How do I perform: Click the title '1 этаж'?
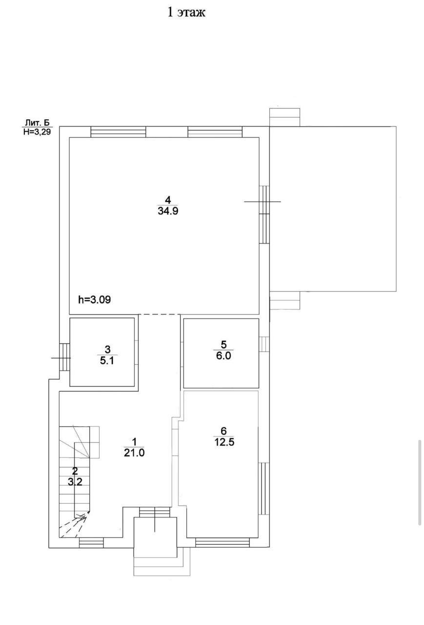[186, 13]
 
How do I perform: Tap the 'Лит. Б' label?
[37, 123]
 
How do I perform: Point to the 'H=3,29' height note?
[37, 131]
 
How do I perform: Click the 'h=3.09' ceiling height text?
[95, 299]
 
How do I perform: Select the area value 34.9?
[168, 211]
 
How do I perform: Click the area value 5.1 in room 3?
[107, 361]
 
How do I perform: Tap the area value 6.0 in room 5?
[223, 356]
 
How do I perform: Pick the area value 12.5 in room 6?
[224, 442]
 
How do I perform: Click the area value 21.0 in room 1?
[134, 453]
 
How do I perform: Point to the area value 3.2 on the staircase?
[75, 481]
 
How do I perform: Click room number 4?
[168, 200]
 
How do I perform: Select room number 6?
[223, 431]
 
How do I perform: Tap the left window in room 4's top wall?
[118, 132]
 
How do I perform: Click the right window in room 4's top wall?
[215, 132]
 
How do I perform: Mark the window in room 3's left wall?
[64, 357]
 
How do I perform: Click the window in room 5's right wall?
[264, 344]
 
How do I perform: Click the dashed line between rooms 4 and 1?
[159, 314]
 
